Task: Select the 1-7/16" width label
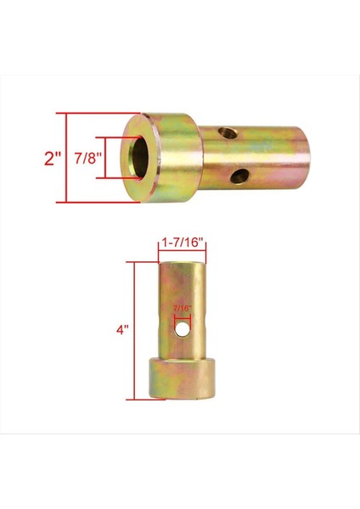coord(182,242)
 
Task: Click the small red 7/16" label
coord(182,310)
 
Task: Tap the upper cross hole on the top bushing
coord(224,133)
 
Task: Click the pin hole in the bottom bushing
coord(182,325)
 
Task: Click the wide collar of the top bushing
coord(165,158)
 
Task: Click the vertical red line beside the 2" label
coord(65,158)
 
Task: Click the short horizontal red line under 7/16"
coord(182,316)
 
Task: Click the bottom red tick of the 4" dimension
coord(139,398)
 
